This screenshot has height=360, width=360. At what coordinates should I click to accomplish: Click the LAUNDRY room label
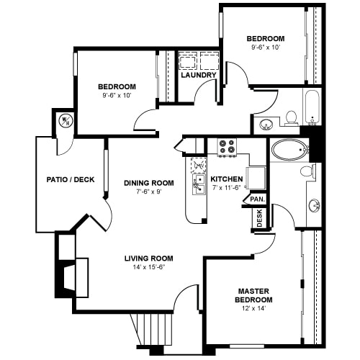tap(199, 75)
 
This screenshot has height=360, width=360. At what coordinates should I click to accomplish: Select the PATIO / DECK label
tap(71, 179)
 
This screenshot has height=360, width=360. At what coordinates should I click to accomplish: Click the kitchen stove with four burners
tap(227, 147)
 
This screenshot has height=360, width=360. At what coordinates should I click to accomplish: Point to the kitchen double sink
tap(199, 184)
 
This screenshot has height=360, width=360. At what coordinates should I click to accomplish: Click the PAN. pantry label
tap(258, 199)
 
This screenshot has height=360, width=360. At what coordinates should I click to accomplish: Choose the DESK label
tap(260, 218)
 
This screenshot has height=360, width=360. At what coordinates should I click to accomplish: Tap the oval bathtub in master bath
tap(290, 150)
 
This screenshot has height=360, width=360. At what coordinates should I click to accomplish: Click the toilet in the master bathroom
tap(307, 171)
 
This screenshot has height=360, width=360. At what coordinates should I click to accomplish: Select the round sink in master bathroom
tap(315, 205)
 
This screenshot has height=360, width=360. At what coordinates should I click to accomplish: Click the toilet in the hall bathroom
tap(292, 118)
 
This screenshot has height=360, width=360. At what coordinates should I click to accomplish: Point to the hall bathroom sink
tap(266, 125)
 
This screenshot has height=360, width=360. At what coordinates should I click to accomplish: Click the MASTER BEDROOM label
tap(253, 295)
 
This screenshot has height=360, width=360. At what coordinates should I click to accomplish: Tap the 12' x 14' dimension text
tap(253, 308)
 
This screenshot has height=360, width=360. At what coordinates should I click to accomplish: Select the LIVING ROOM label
tap(149, 258)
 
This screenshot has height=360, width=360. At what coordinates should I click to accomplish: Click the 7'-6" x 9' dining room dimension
tap(149, 192)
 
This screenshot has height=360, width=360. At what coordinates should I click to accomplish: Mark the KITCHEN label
tap(227, 179)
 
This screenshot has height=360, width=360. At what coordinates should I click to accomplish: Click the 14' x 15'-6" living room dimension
tap(149, 267)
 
